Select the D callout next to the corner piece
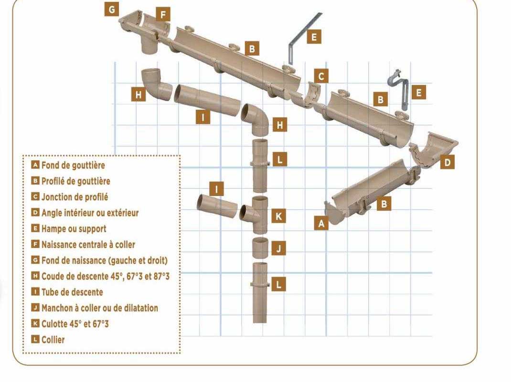coord(447,162)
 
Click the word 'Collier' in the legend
coord(53,340)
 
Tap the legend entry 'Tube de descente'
coord(72,292)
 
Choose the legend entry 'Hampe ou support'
coord(74,229)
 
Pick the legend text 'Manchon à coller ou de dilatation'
coord(99,308)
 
